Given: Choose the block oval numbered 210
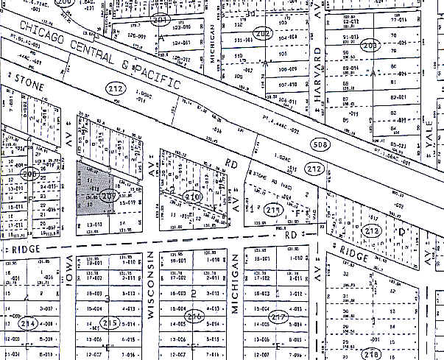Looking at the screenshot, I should pyautogui.click(x=193, y=197).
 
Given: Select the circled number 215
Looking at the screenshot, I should pyautogui.click(x=111, y=322).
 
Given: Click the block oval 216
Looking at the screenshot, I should pyautogui.click(x=194, y=317).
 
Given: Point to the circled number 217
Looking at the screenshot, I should pyautogui.click(x=278, y=317).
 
